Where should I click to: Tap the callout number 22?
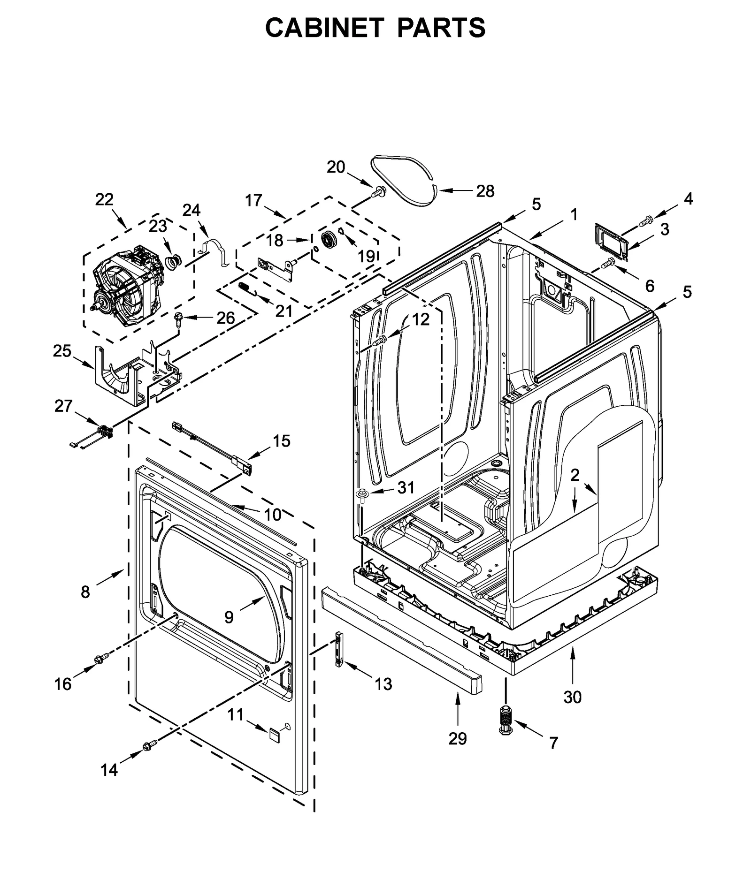[104, 200]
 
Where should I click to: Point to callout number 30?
[572, 698]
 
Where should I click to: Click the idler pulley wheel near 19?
[327, 240]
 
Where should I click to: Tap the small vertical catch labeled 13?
[338, 648]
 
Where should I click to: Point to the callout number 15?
[282, 441]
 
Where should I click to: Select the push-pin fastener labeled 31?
[363, 494]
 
